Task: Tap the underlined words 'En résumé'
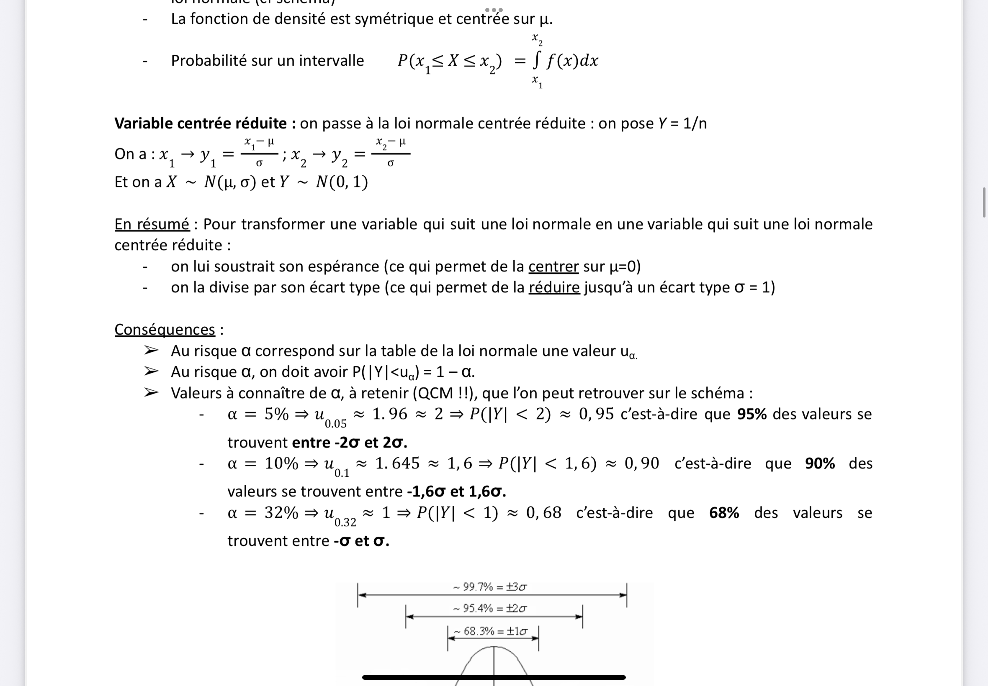[152, 224]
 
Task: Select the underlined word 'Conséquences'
[165, 330]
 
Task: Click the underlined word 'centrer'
[553, 266]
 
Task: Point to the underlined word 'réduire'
[554, 287]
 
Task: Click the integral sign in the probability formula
[536, 61]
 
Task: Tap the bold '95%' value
[752, 414]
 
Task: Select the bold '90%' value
[820, 463]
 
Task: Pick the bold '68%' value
[724, 513]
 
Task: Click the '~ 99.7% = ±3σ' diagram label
[490, 587]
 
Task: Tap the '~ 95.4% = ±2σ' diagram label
[490, 608]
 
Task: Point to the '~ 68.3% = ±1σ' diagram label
[491, 631]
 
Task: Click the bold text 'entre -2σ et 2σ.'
[349, 443]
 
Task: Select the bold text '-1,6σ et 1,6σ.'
[456, 492]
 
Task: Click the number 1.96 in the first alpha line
[389, 414]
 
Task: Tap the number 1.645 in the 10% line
[397, 463]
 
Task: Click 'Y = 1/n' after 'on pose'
[682, 124]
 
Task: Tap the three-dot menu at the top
[494, 10]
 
